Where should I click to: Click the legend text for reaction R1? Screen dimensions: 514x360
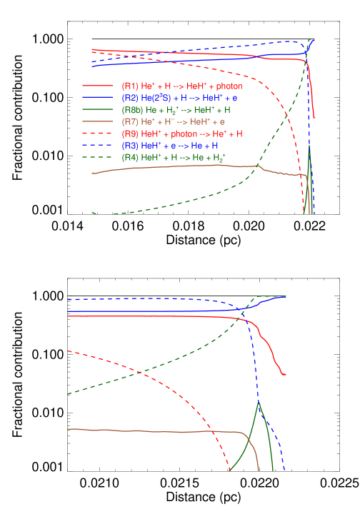(x=181, y=86)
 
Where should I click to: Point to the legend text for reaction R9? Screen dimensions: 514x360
(x=182, y=133)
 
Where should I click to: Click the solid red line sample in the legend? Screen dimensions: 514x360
(x=98, y=86)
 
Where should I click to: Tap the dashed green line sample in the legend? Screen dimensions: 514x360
(x=98, y=157)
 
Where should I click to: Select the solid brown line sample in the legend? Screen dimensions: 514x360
(x=98, y=122)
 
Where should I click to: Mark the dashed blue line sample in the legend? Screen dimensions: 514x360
(x=98, y=146)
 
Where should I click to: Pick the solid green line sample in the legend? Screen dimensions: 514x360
(x=98, y=110)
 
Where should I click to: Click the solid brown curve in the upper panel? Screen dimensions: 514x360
(x=179, y=166)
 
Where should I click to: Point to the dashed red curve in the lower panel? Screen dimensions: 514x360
(x=157, y=385)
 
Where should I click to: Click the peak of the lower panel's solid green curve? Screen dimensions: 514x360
(x=259, y=402)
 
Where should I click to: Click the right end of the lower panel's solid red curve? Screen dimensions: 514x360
(x=285, y=374)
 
